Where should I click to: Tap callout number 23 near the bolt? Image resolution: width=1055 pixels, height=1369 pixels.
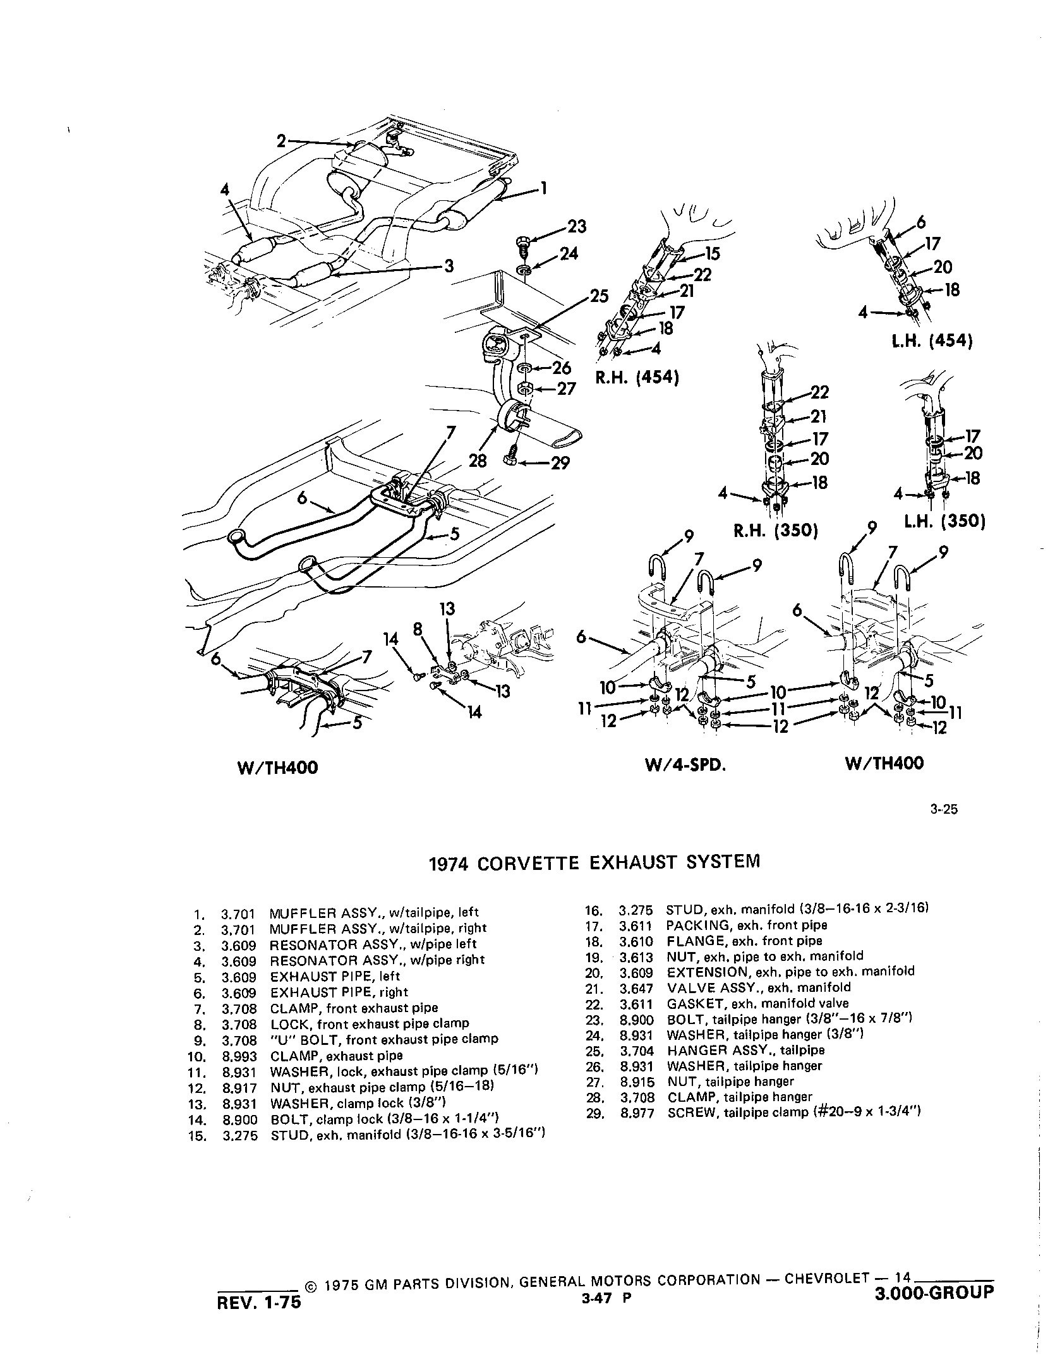pyautogui.click(x=576, y=226)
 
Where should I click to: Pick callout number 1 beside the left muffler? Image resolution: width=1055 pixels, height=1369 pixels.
pyautogui.click(x=543, y=188)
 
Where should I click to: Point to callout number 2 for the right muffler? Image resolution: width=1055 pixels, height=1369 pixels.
pyautogui.click(x=282, y=142)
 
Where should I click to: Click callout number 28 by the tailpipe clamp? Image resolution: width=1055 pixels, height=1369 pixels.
pyautogui.click(x=478, y=462)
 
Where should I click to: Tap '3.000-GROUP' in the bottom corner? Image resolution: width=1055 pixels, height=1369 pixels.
pyautogui.click(x=934, y=1292)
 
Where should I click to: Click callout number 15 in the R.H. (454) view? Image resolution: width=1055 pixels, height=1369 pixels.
pyautogui.click(x=712, y=255)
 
